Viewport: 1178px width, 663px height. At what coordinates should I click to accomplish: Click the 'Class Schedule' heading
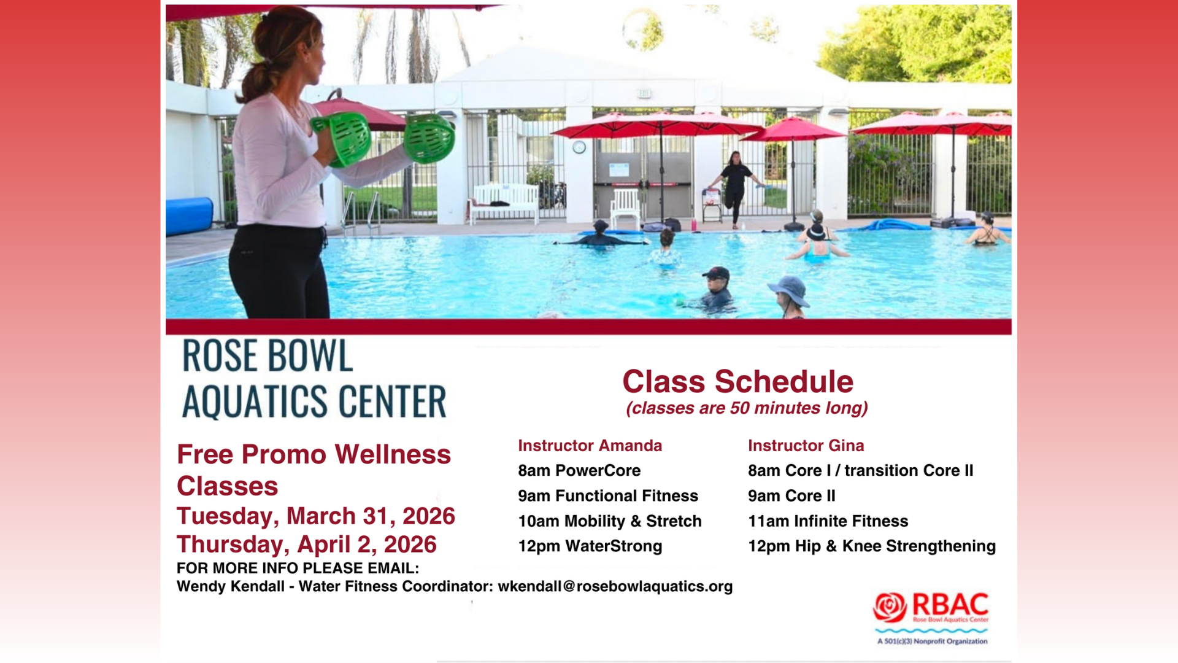tap(737, 381)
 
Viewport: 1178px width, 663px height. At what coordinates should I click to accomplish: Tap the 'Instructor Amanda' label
tap(590, 446)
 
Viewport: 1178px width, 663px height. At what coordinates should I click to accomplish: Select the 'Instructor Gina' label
tap(806, 446)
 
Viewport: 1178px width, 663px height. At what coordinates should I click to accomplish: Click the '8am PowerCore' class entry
tap(579, 471)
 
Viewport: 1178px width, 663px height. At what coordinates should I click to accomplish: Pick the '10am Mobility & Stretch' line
tap(610, 521)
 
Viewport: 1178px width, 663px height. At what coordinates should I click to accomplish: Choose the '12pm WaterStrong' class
tap(590, 546)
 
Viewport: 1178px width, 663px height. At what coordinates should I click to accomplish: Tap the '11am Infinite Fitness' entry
tap(828, 521)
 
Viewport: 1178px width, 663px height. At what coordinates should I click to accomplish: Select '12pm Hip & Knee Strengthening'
tap(872, 546)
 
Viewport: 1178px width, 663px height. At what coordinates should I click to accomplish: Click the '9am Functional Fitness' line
tap(608, 496)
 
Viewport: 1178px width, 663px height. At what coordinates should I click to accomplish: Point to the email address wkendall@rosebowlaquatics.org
tap(615, 587)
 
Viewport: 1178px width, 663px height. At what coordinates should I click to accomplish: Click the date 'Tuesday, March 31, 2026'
tap(316, 516)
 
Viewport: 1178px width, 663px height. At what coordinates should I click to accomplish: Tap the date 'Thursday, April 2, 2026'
tap(307, 545)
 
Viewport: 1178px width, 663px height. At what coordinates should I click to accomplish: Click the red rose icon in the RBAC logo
tap(890, 607)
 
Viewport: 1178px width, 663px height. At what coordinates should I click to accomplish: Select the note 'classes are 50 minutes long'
tap(747, 408)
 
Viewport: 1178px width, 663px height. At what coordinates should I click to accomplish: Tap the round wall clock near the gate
tap(579, 147)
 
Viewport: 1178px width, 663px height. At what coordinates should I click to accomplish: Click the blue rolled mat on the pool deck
tap(190, 216)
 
